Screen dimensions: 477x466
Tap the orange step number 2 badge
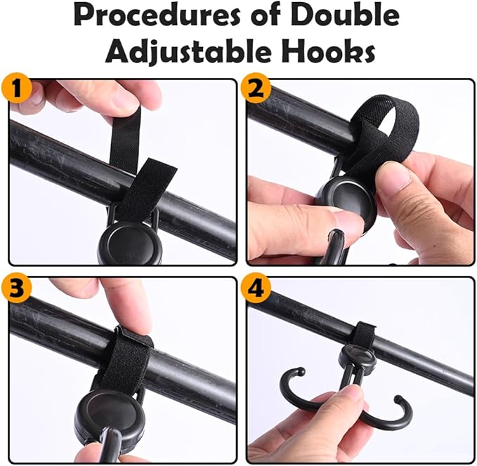tap(255, 89)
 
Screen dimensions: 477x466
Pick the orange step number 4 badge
tap(255, 288)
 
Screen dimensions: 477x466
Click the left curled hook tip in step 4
tap(301, 371)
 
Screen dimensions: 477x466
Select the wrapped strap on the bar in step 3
tap(125, 359)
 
